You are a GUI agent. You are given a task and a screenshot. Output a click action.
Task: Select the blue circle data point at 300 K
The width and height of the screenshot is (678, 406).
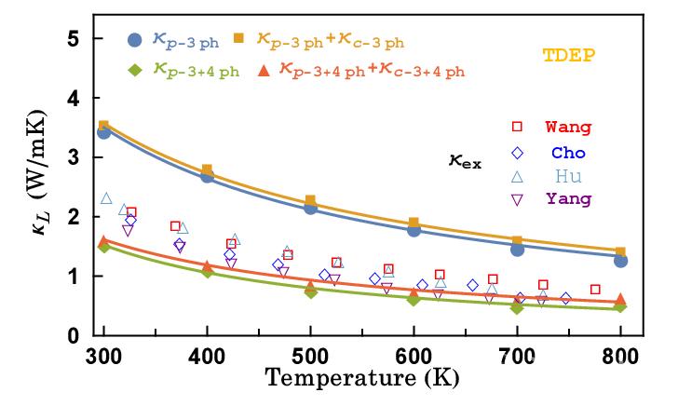pyautogui.click(x=104, y=132)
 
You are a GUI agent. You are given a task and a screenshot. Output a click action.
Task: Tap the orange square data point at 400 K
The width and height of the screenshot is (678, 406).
pyautogui.click(x=208, y=170)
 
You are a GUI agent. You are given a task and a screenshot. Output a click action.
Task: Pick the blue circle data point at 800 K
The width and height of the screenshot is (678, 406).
pyautogui.click(x=620, y=261)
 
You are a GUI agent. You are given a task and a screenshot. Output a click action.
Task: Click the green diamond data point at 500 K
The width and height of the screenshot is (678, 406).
pyautogui.click(x=311, y=291)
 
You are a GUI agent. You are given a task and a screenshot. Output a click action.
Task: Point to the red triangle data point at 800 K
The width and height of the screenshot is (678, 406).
pyautogui.click(x=620, y=299)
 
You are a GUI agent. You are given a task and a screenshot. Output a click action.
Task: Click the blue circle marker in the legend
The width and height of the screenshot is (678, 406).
pyautogui.click(x=134, y=40)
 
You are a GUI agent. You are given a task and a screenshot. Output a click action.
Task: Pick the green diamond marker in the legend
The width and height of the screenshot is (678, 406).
pyautogui.click(x=134, y=71)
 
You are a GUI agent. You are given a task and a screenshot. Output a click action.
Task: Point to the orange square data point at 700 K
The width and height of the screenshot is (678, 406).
pyautogui.click(x=517, y=241)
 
